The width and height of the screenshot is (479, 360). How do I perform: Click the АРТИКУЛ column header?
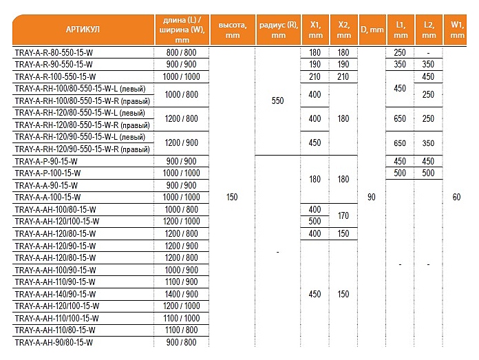[x=83, y=30]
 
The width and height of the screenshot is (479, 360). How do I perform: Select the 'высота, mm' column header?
[x=233, y=30]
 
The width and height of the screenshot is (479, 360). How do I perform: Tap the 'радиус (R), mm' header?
[x=277, y=30]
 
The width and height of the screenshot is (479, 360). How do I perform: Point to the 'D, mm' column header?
[x=372, y=30]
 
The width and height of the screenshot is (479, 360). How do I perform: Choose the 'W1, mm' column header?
[x=456, y=30]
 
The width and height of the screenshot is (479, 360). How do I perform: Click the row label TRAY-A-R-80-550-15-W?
[x=55, y=52]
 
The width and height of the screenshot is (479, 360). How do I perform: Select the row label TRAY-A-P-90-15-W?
[x=46, y=161]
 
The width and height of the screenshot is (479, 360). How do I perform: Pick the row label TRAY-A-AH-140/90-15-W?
[x=55, y=294]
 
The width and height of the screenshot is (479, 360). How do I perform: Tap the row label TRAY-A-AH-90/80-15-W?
[x=53, y=342]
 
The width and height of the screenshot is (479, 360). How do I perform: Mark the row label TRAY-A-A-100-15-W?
[x=47, y=198]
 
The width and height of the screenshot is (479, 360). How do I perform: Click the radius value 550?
[x=277, y=100]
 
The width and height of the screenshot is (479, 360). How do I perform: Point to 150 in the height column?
[x=233, y=198]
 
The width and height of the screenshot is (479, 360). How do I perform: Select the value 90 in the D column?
[x=372, y=198]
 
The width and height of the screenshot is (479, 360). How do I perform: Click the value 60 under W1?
[x=456, y=198]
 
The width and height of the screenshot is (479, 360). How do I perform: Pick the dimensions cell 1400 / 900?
[x=182, y=294]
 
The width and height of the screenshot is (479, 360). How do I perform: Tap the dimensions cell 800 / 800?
[x=182, y=52]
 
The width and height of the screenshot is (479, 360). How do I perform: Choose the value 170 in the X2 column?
[x=343, y=215]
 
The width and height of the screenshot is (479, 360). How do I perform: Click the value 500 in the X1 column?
[x=315, y=222]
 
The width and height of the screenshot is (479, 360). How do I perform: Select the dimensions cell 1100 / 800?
[x=182, y=330]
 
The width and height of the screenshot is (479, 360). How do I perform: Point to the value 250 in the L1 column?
[x=400, y=52]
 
